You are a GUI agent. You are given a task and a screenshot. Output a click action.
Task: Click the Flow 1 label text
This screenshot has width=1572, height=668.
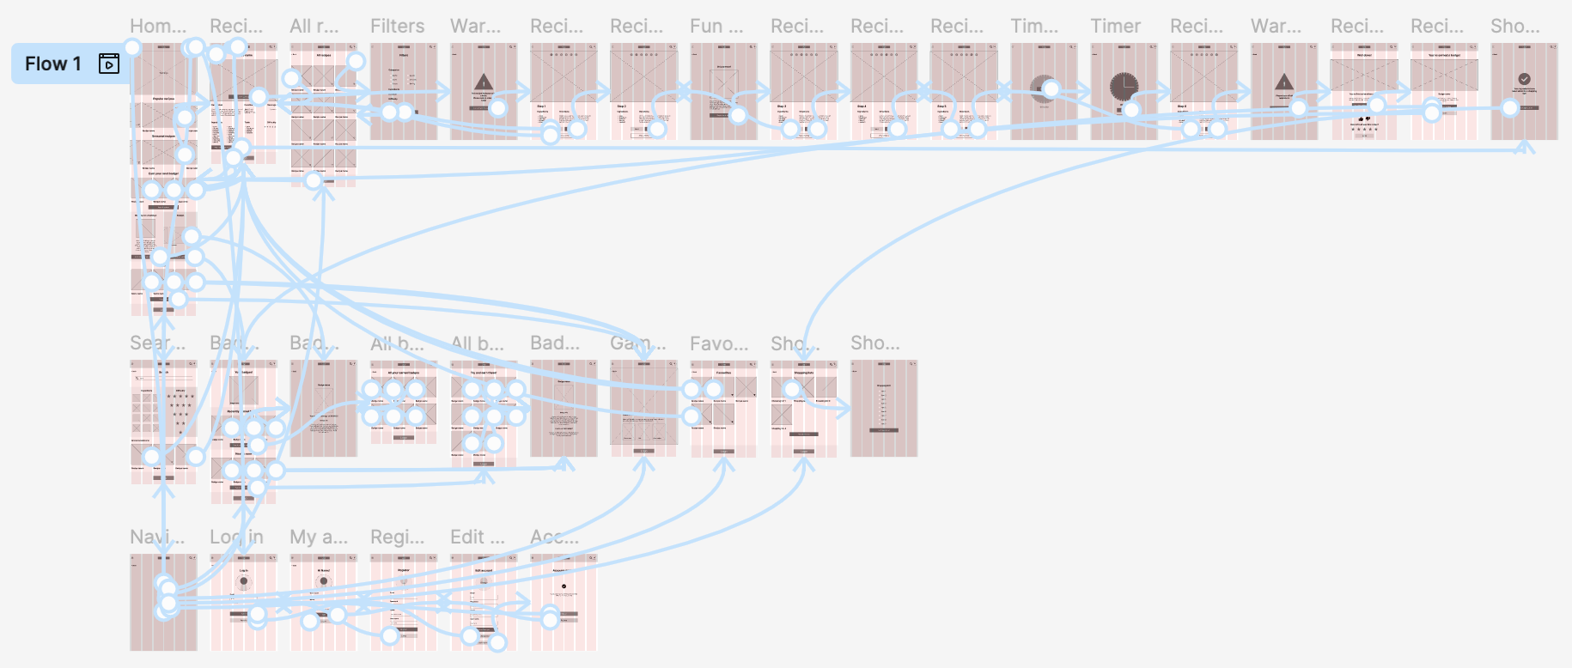(52, 64)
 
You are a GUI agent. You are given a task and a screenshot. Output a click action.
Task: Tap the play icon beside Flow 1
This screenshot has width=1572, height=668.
(109, 64)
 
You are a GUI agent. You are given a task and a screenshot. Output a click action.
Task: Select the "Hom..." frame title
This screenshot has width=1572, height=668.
(158, 27)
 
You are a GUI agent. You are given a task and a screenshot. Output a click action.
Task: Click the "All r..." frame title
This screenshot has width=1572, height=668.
(314, 27)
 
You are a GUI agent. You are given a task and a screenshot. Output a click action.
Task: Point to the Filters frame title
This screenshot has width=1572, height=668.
(397, 27)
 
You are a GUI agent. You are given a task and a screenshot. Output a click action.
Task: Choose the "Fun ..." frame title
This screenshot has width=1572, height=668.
(716, 27)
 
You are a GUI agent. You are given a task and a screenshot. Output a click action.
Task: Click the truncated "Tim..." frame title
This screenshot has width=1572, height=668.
(1034, 27)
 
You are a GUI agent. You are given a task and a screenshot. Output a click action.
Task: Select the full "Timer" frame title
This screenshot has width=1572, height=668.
(1115, 27)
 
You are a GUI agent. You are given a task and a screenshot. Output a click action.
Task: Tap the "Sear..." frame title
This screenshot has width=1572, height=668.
(157, 343)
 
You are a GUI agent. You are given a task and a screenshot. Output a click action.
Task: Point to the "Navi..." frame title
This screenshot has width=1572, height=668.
(157, 537)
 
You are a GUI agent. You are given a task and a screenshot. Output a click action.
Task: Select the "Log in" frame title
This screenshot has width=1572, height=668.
(236, 537)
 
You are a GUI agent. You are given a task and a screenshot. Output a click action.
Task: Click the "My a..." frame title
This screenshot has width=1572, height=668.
(319, 537)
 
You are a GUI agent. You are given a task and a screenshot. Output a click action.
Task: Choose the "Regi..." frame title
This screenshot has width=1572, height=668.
(397, 537)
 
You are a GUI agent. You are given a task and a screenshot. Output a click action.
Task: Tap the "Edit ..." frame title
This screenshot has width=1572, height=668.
(478, 537)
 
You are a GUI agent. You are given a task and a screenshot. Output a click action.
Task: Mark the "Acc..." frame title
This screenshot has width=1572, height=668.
(554, 537)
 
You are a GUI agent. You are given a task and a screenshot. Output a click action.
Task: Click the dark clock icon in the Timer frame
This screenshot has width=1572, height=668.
(1124, 87)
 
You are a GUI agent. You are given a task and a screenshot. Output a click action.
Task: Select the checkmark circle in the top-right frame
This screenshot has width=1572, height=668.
(1524, 79)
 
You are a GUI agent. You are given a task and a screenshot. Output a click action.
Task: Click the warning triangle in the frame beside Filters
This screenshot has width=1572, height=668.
(483, 82)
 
